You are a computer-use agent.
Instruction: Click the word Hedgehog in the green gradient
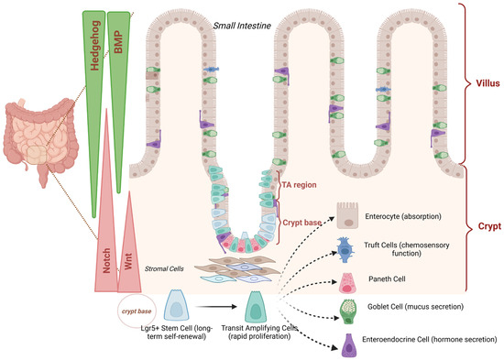click(x=95, y=45)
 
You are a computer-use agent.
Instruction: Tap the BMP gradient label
click(x=118, y=42)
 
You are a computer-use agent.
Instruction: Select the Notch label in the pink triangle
click(x=106, y=260)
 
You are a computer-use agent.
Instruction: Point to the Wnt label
click(x=128, y=261)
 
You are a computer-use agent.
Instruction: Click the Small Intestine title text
click(x=242, y=26)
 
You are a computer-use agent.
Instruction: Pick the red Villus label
click(x=488, y=83)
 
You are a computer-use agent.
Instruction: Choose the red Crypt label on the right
click(x=489, y=226)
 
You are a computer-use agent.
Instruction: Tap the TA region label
click(x=300, y=185)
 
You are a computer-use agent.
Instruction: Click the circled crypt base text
click(x=137, y=311)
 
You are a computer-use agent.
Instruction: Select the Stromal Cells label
click(x=164, y=268)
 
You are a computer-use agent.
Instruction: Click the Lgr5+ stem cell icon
click(x=177, y=305)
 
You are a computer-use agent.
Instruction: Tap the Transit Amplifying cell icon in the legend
click(x=256, y=307)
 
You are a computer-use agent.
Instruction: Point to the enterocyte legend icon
click(x=347, y=215)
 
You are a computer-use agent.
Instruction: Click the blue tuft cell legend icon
click(x=345, y=250)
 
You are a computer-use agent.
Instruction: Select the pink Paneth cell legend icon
click(x=346, y=283)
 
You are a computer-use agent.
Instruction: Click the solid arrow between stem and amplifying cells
click(x=215, y=307)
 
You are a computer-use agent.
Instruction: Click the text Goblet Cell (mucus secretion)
click(x=416, y=307)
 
